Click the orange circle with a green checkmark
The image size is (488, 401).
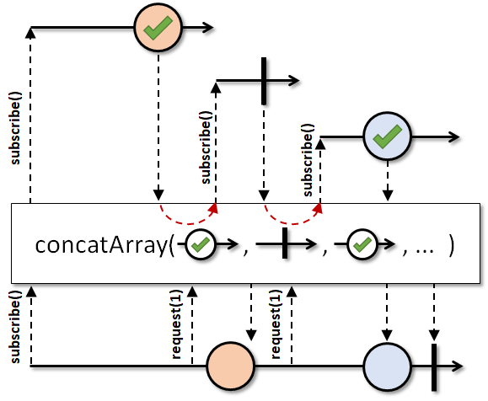[158, 28]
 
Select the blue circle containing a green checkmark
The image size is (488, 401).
[387, 136]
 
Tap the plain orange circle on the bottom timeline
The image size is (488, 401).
[231, 366]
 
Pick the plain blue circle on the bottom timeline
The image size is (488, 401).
[387, 366]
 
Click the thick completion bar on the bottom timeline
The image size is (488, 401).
[434, 367]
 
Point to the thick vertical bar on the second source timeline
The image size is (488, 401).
[264, 81]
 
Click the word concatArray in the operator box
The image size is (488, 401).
[101, 245]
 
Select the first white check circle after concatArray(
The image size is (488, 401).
[201, 244]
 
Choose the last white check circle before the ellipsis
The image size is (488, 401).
[362, 244]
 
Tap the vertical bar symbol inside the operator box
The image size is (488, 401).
[285, 243]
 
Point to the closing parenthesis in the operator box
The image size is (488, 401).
[452, 245]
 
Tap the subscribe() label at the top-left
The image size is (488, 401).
[15, 128]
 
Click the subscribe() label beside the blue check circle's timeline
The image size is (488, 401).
[308, 160]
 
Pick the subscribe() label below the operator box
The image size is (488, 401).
[15, 327]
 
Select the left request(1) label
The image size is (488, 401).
[176, 324]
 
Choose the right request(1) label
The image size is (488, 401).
[276, 324]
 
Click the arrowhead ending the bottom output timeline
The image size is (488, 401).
[457, 366]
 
